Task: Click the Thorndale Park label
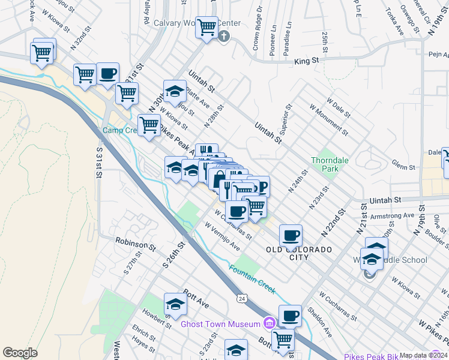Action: pos(325,164)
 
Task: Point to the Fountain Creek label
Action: pos(252,279)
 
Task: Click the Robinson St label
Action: pos(136,244)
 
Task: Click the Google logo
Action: pos(20,353)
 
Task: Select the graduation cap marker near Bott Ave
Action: pos(175,304)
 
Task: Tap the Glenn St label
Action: pos(403,166)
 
